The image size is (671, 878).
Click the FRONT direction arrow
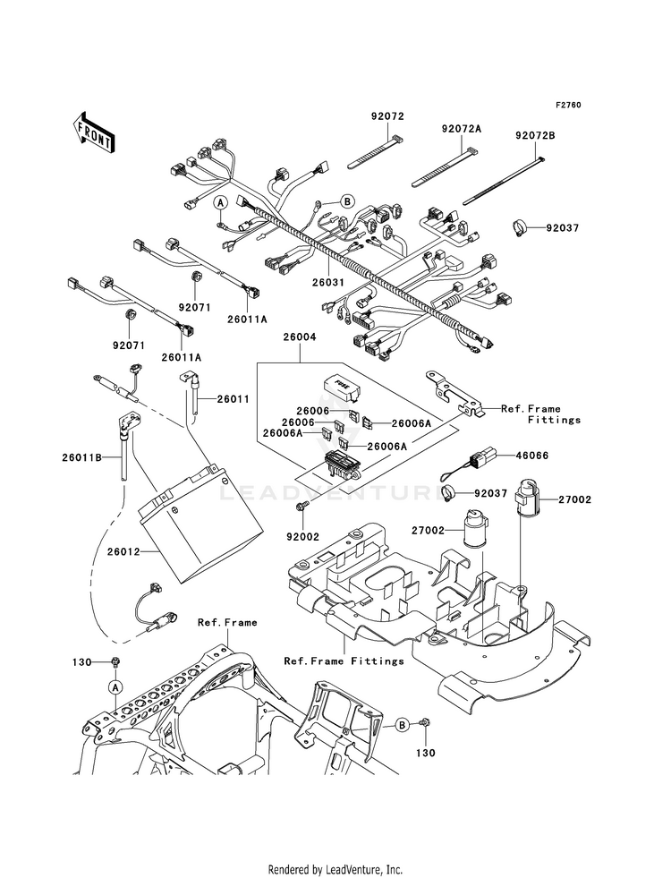point(94,132)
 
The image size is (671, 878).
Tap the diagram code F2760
point(568,105)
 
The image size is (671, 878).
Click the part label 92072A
point(461,128)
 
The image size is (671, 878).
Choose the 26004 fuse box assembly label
point(300,337)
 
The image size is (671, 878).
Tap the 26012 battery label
point(124,551)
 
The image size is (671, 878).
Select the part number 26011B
point(81,457)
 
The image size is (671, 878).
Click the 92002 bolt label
point(302,537)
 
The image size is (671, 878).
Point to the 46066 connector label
point(531,456)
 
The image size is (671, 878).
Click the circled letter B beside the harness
point(347,201)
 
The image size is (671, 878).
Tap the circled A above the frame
point(115,686)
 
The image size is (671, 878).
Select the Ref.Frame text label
point(227,622)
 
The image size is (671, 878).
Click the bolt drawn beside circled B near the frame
point(425,723)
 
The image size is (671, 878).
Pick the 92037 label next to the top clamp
point(547,228)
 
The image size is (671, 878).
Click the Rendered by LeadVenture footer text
point(335,870)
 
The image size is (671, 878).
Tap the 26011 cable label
point(233,399)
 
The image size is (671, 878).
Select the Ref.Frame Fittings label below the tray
point(344,661)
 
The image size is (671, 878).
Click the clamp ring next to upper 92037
point(519,228)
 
